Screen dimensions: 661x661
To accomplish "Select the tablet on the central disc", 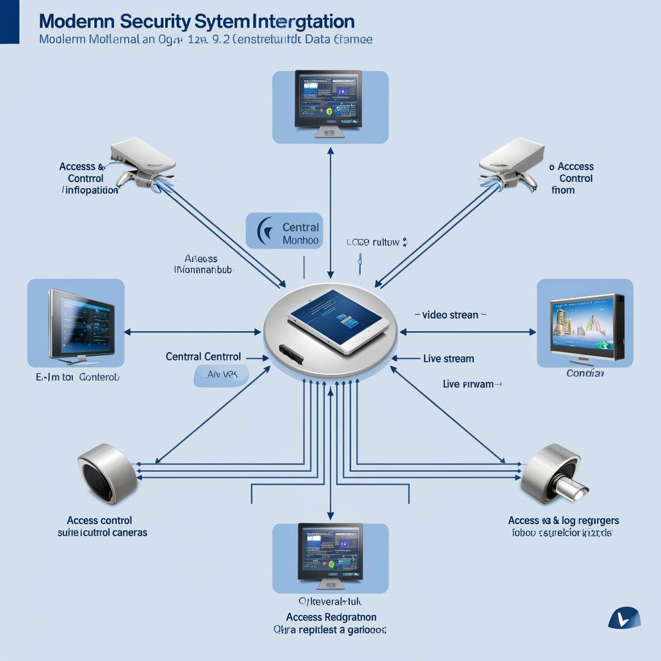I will pyautogui.click(x=338, y=321).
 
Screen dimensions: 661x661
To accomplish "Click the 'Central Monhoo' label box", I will pyautogui.click(x=285, y=232).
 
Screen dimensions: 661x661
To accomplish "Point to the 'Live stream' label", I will pyautogui.click(x=449, y=358).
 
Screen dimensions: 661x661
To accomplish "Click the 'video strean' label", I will pyautogui.click(x=450, y=315).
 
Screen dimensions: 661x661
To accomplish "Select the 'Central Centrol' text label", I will pyautogui.click(x=203, y=356).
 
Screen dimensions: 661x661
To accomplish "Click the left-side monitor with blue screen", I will pyautogui.click(x=81, y=323).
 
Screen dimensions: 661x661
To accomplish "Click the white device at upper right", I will pyautogui.click(x=511, y=161).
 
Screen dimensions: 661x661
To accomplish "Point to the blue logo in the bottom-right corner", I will pyautogui.click(x=624, y=618).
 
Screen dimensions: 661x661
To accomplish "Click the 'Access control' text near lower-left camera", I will pyautogui.click(x=99, y=520).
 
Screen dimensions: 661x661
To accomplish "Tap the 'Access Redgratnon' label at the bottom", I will pyautogui.click(x=331, y=617).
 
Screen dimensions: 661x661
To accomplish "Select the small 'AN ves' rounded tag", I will pyautogui.click(x=221, y=374).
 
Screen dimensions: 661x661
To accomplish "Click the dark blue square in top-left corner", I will pyautogui.click(x=9, y=22).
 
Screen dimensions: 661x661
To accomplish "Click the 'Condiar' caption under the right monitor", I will pyautogui.click(x=585, y=374).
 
